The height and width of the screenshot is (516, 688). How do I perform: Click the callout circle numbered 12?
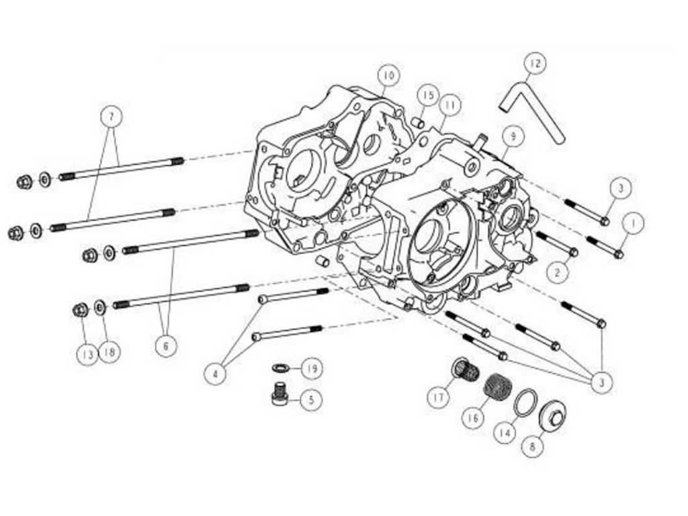[x=534, y=64]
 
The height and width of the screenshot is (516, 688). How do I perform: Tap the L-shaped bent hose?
[x=531, y=111]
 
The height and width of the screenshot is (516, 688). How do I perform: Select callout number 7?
[x=112, y=117]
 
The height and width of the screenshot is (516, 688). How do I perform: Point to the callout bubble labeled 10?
[x=388, y=75]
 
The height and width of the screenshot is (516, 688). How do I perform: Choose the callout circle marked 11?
[x=449, y=105]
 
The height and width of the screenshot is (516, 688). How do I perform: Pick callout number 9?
[x=513, y=136]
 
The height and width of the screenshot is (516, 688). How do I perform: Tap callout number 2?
[x=557, y=272]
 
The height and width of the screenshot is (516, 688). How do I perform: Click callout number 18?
[x=110, y=352]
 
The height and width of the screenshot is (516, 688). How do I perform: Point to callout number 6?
[x=165, y=346]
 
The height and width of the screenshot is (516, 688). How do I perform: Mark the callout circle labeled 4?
[x=216, y=373]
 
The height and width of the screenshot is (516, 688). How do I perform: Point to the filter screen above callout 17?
[x=463, y=369]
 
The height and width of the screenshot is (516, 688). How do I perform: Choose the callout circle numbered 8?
[x=532, y=445]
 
